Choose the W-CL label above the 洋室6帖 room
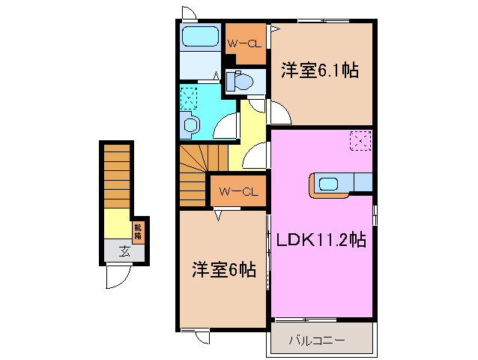coord(238,192)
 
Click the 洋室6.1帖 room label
coord(320,71)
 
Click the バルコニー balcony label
coord(318,340)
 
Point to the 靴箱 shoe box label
coord(138,231)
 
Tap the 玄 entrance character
coord(121,251)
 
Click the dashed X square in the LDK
coord(360,140)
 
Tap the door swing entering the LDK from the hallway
coord(255,156)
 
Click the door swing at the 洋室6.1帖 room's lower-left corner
coord(280,114)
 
